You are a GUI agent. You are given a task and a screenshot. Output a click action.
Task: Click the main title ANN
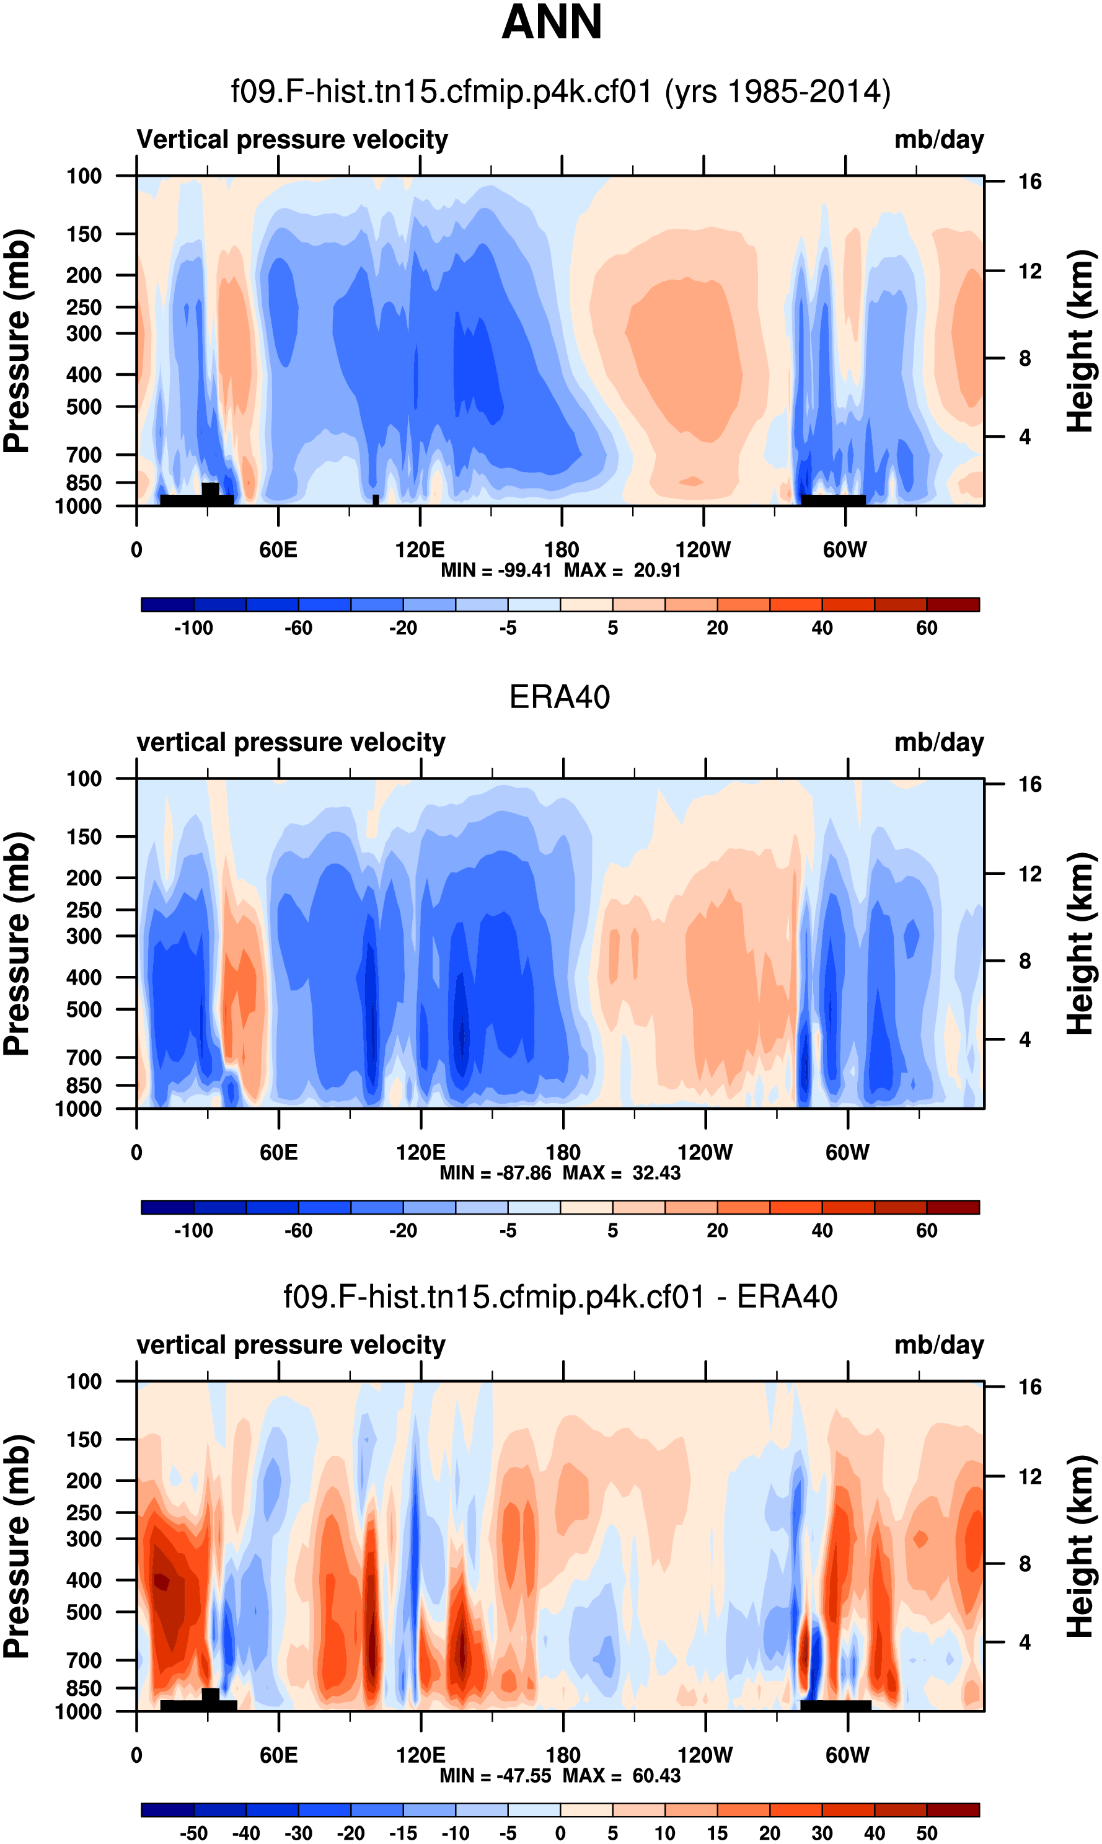(551, 22)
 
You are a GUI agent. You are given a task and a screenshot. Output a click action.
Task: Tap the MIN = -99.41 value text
(496, 570)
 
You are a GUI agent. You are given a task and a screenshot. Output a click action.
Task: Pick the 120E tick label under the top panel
(420, 551)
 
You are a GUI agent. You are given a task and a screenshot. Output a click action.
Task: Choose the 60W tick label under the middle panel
(847, 1153)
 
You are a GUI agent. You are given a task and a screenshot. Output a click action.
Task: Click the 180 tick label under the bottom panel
(562, 1755)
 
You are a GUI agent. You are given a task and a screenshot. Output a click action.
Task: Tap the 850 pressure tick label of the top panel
(84, 484)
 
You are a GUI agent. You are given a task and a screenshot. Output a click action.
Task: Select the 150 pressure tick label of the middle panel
(84, 837)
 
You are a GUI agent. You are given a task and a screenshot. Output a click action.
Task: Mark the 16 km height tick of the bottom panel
(1030, 1387)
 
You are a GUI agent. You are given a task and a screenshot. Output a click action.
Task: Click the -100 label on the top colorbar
(194, 628)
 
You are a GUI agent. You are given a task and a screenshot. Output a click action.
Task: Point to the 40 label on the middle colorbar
(822, 1231)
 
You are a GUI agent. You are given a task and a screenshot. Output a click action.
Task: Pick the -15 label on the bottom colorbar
(403, 1833)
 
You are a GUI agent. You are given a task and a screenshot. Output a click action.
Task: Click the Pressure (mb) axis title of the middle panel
(16, 943)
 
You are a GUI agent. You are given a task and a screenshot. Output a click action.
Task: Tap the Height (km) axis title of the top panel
(1080, 341)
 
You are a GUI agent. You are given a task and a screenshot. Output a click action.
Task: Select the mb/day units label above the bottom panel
(938, 1345)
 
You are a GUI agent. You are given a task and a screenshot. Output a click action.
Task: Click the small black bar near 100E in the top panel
(376, 500)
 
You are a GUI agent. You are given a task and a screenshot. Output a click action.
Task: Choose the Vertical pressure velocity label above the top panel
(292, 140)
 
